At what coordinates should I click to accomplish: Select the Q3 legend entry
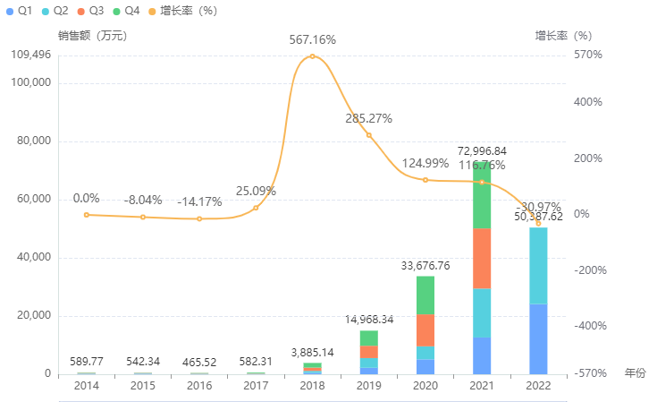(90, 11)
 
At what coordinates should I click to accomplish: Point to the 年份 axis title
(635, 372)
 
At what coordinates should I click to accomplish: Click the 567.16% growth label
(312, 40)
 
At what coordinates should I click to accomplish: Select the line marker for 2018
(312, 56)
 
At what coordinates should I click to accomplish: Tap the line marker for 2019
(368, 135)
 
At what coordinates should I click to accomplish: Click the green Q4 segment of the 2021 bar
(482, 195)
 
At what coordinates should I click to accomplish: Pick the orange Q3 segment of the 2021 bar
(482, 258)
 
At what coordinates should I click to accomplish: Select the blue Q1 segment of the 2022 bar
(538, 338)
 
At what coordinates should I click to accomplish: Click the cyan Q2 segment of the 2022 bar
(538, 265)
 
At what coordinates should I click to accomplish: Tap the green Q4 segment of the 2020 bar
(425, 295)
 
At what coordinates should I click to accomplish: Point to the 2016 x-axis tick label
(199, 386)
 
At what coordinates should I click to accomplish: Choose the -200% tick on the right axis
(590, 270)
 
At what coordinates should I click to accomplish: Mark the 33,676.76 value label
(425, 266)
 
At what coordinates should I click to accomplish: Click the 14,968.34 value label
(369, 320)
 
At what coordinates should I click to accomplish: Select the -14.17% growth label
(199, 201)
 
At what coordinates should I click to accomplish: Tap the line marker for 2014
(87, 215)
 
